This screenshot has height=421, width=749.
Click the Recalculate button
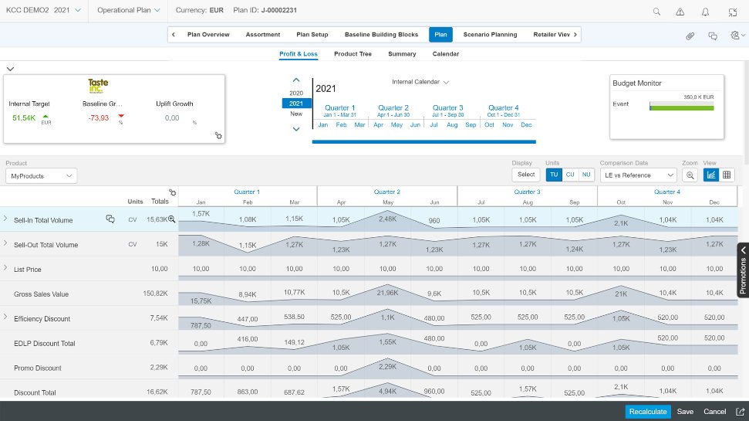(x=648, y=412)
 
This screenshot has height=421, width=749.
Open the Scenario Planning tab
(x=491, y=35)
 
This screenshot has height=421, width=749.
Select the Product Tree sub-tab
(x=353, y=54)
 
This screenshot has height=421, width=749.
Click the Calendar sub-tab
(x=446, y=54)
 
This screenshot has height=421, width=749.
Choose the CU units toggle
(x=570, y=175)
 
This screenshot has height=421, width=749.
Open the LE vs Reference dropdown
(x=639, y=175)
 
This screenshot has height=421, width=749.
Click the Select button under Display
(x=526, y=175)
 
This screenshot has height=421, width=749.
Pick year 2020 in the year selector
(x=296, y=93)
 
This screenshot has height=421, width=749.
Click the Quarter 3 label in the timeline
(x=447, y=108)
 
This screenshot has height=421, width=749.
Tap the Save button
(x=685, y=412)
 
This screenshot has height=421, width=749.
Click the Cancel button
(x=714, y=412)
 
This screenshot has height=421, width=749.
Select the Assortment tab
(x=263, y=35)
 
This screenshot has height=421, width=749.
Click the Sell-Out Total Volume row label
(x=46, y=245)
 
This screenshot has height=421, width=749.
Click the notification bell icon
(x=705, y=12)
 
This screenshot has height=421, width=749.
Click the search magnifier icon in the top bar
(x=657, y=12)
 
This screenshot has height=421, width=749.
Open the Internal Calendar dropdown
(x=420, y=81)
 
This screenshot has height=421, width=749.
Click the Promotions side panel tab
(x=743, y=270)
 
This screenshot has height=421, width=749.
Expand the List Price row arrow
(x=5, y=268)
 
